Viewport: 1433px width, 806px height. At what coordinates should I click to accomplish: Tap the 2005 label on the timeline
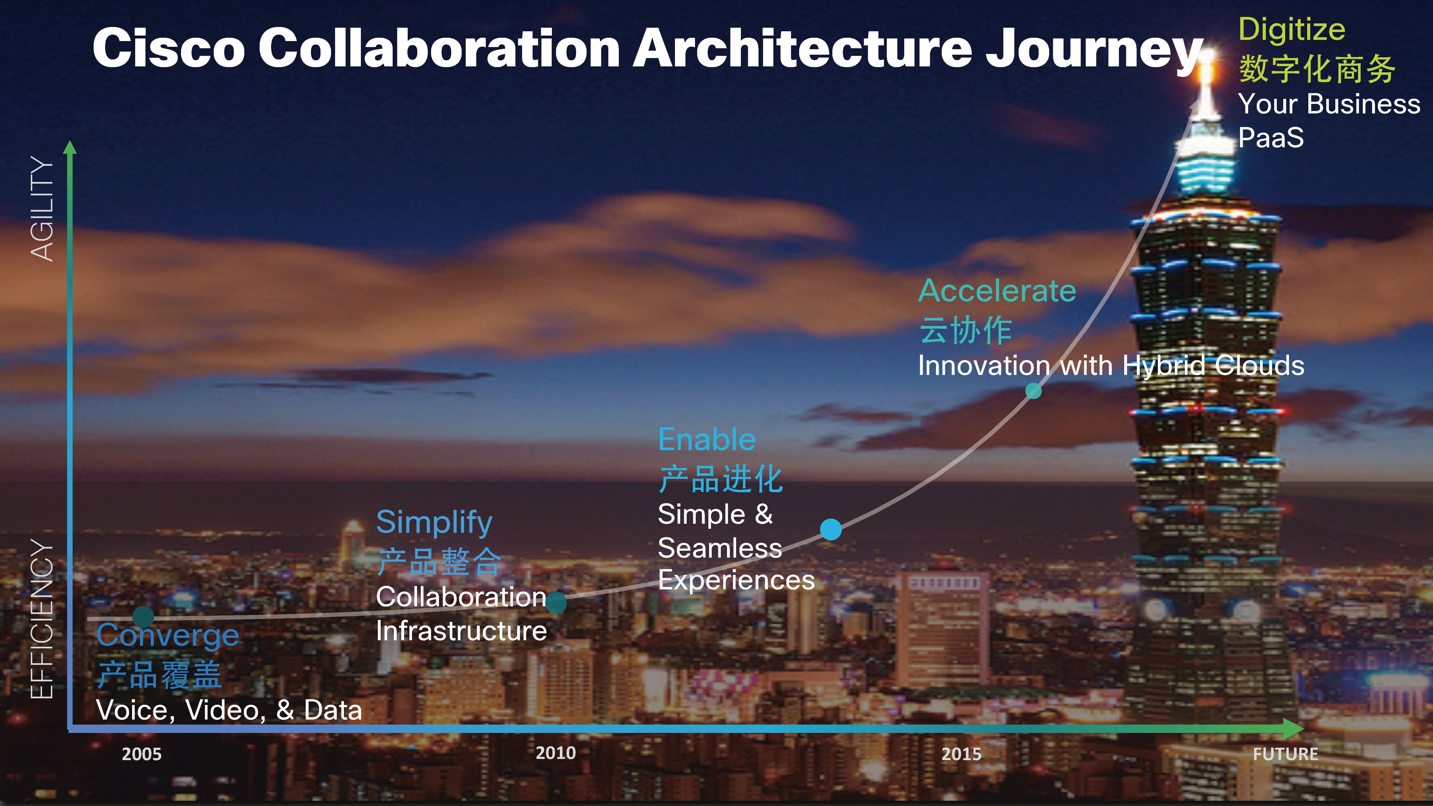click(x=142, y=754)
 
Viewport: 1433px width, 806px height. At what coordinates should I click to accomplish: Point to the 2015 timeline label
click(x=961, y=754)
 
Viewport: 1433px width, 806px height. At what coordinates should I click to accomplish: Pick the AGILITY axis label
click(x=42, y=208)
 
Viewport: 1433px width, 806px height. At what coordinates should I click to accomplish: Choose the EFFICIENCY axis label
click(x=42, y=619)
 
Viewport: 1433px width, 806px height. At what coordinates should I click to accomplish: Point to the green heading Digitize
click(x=1292, y=30)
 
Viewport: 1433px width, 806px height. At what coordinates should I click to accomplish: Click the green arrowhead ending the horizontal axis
click(x=1294, y=729)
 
